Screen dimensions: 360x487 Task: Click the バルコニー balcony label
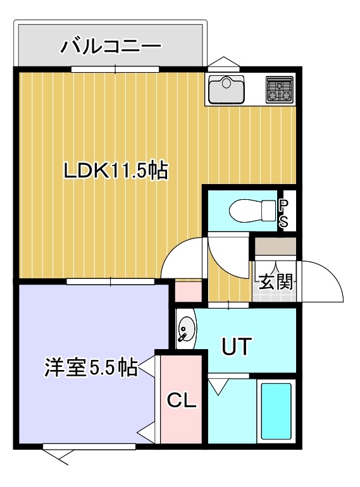coord(111,47)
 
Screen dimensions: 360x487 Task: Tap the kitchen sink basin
coord(227,90)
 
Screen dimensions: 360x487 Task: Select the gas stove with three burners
coord(280,89)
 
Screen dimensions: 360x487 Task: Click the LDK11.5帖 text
coord(116,171)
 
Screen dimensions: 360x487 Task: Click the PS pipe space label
coord(283,213)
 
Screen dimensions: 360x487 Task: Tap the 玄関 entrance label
coord(276,282)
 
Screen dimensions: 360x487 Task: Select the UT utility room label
coord(237,347)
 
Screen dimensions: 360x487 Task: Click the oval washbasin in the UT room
coord(187,329)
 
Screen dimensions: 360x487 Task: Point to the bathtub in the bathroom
coord(276,411)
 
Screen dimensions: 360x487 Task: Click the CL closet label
coord(182,400)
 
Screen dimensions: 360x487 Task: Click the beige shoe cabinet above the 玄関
coord(275,247)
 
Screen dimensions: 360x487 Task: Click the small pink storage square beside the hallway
coord(189,292)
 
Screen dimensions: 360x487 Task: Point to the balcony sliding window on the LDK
coord(115,70)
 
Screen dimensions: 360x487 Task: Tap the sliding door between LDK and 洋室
coord(111,281)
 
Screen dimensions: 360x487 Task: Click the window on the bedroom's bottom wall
coord(89,447)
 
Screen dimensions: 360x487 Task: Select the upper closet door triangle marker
coord(148,367)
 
